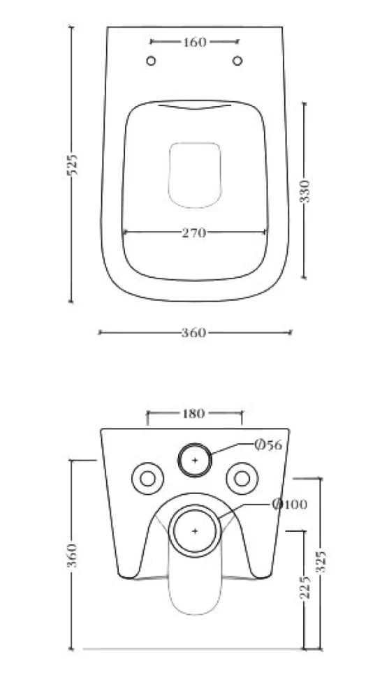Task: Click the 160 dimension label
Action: pos(195,43)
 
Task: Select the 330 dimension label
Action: pos(305,191)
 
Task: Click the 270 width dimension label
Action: pos(194,233)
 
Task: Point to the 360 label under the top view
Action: pos(194,333)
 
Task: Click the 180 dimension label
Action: pos(193,414)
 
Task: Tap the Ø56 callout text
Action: pos(268,445)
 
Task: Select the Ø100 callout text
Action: pos(290,504)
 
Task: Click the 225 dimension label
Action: pos(305,587)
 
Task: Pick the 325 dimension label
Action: pos(321,562)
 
